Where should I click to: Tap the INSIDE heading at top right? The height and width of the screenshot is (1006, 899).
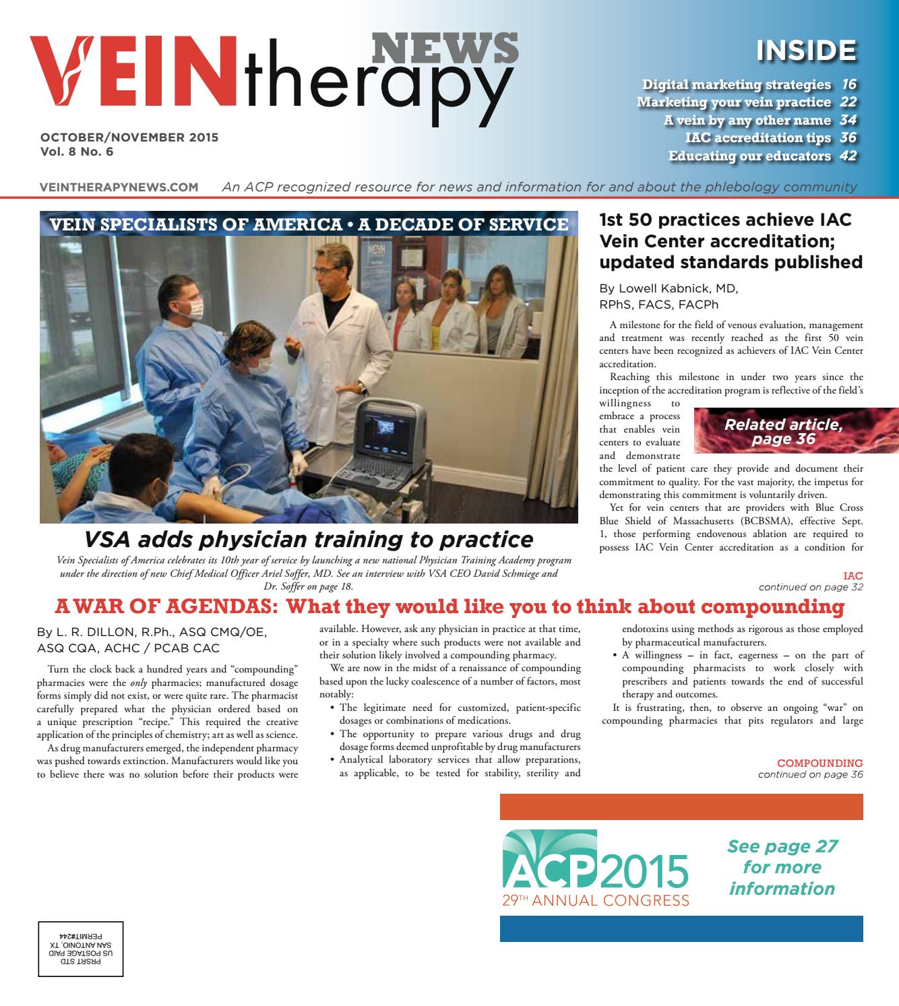coord(806,50)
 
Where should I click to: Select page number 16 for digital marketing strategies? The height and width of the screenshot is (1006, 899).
coord(848,84)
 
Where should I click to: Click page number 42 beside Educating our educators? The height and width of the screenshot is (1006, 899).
coord(848,156)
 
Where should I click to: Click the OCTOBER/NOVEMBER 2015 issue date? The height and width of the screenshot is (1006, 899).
coord(129,137)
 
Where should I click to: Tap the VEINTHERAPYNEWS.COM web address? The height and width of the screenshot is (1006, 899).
coord(119,187)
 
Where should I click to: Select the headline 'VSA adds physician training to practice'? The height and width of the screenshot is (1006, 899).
coord(309,539)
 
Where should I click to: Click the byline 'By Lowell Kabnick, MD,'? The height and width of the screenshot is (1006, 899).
coord(669,289)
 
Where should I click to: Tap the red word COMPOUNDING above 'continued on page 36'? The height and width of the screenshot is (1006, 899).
coord(819,763)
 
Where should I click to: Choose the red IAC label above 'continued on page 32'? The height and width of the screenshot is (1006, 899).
coord(852,576)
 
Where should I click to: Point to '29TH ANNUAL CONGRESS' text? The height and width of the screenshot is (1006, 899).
coord(595,900)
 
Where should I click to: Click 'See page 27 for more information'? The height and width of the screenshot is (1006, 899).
coord(782,867)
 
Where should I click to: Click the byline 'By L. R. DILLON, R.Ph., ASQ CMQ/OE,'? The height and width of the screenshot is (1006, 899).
coord(152,632)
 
